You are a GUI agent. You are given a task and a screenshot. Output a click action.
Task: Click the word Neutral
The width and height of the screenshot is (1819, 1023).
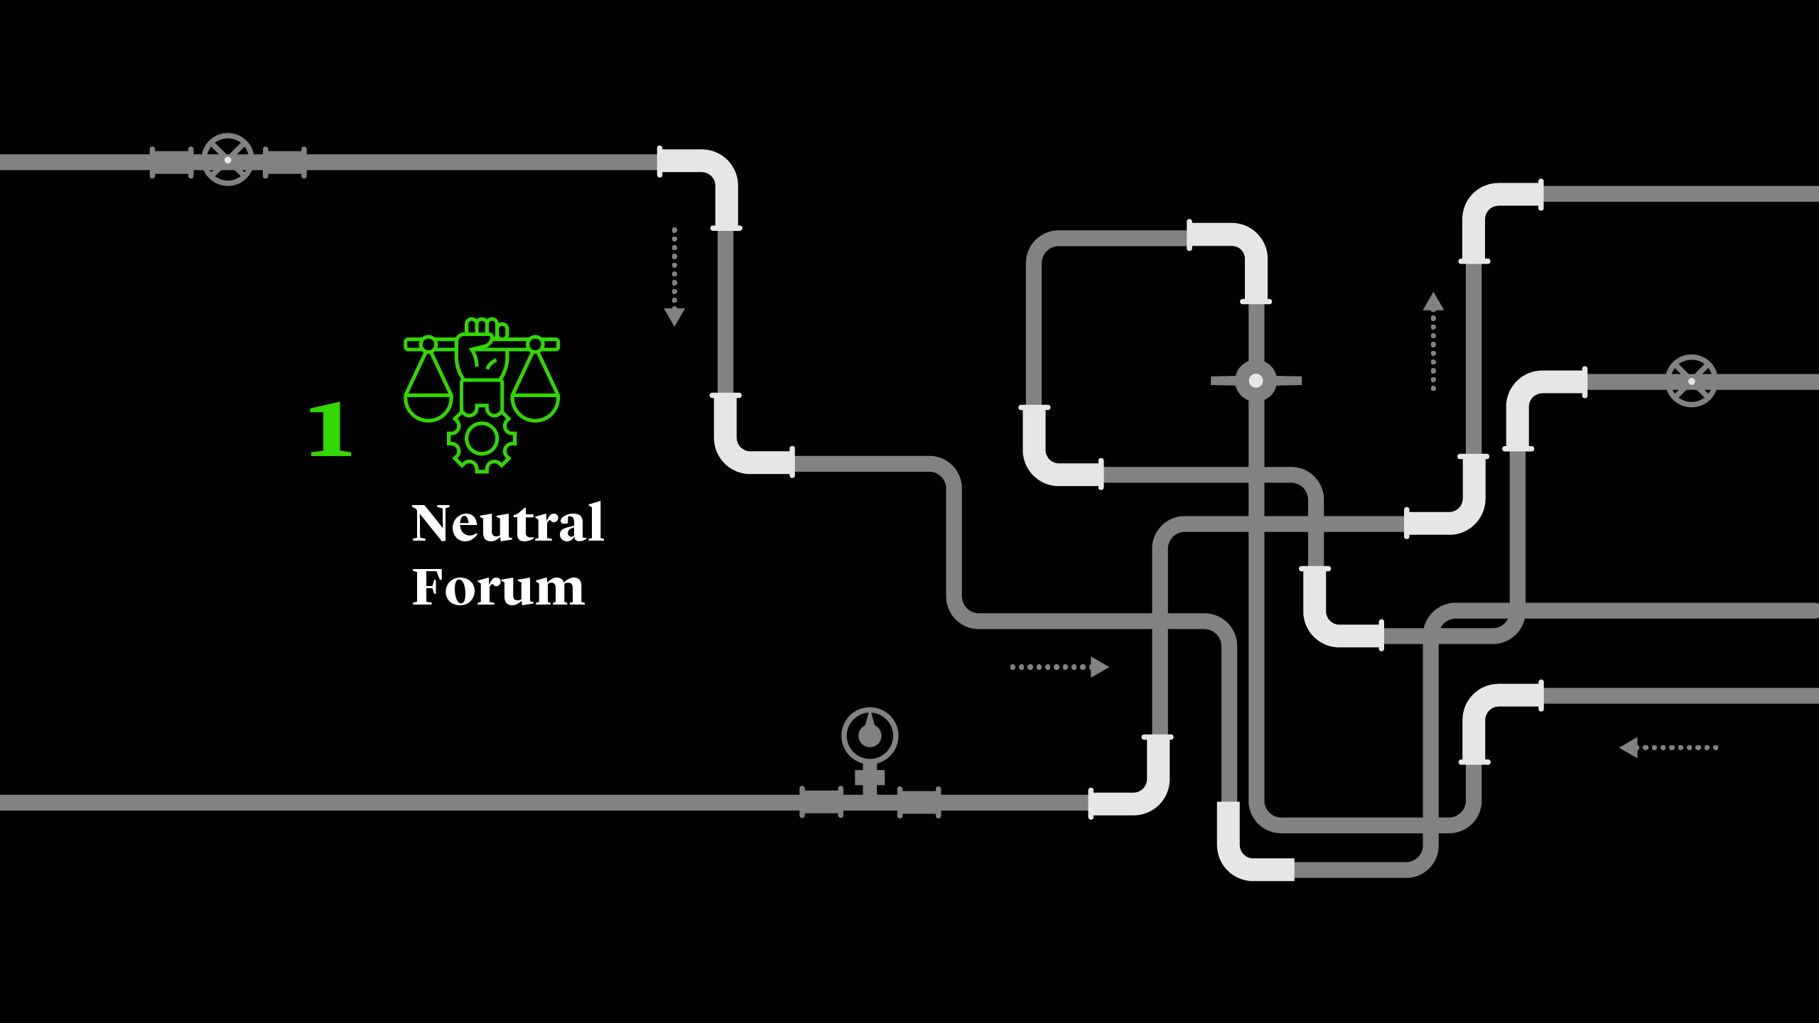click(x=507, y=523)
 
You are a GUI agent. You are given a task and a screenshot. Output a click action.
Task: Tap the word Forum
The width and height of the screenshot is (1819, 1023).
click(x=498, y=588)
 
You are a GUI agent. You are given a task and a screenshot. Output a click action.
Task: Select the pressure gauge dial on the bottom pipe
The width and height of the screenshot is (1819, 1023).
click(x=870, y=735)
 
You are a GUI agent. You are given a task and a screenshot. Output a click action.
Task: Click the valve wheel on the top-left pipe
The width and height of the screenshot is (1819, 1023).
click(x=227, y=160)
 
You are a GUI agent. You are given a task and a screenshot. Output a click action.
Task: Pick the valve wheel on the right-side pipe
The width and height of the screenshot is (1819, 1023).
click(x=1691, y=381)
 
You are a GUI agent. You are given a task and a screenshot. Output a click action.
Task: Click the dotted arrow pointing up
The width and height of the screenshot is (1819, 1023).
click(x=1433, y=341)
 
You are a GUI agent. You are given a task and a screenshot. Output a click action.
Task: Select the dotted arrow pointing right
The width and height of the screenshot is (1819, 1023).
click(x=1059, y=666)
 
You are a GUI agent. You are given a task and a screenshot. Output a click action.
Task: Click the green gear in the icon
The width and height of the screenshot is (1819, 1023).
click(x=482, y=440)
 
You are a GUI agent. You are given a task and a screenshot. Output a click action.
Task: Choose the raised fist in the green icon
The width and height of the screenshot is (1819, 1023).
click(x=482, y=352)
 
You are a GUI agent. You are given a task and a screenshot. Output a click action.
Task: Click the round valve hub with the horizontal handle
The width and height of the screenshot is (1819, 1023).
click(x=1256, y=381)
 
